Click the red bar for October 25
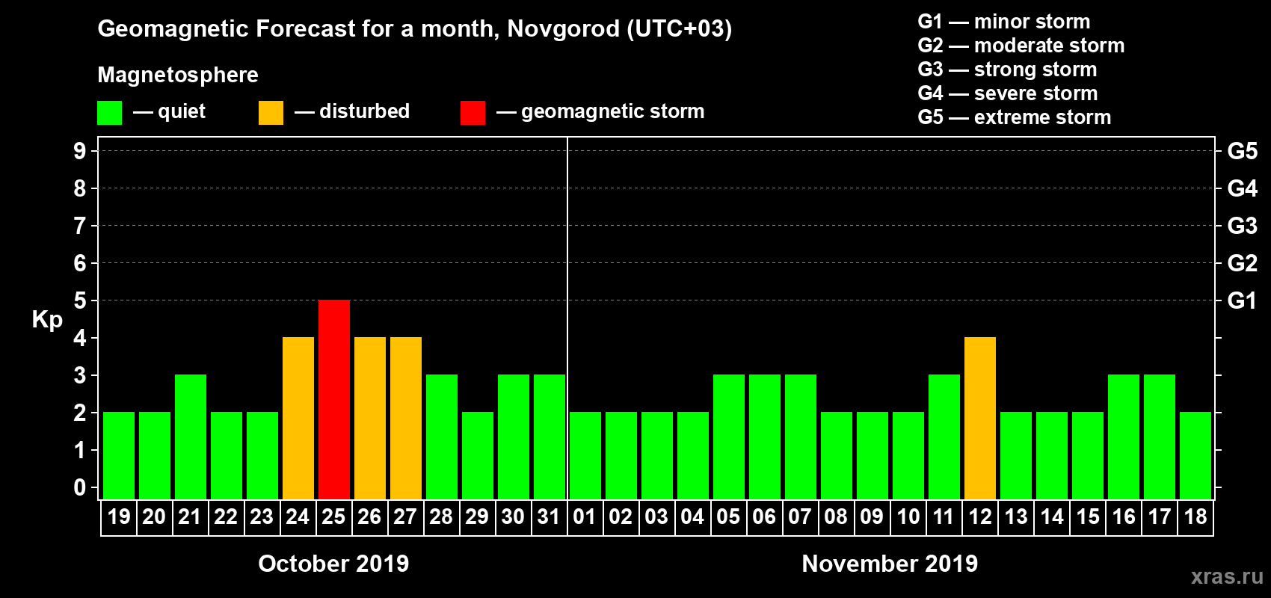pyautogui.click(x=334, y=399)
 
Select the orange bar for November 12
pyautogui.click(x=980, y=418)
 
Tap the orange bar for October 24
pyautogui.click(x=298, y=418)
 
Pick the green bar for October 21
pyautogui.click(x=191, y=437)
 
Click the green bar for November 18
pyautogui.click(x=1195, y=455)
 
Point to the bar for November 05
pyautogui.click(x=729, y=437)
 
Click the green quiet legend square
pyautogui.click(x=110, y=113)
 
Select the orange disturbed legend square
pyautogui.click(x=271, y=113)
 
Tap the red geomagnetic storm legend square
pyautogui.click(x=473, y=113)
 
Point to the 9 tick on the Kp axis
pyautogui.click(x=80, y=151)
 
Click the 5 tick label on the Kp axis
pyautogui.click(x=80, y=300)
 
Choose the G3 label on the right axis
pyautogui.click(x=1242, y=226)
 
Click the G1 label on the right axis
pyautogui.click(x=1242, y=300)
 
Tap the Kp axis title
pyautogui.click(x=47, y=319)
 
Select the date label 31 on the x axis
pyautogui.click(x=549, y=517)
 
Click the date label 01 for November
pyautogui.click(x=585, y=517)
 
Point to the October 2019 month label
pyautogui.click(x=333, y=564)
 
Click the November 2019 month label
pyautogui.click(x=890, y=564)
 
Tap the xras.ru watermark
pyautogui.click(x=1227, y=576)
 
